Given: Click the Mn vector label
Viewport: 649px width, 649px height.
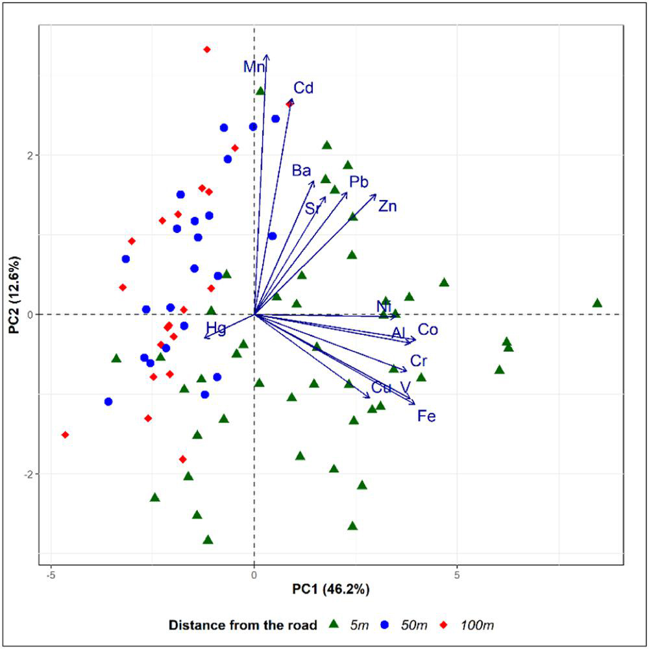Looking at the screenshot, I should click(254, 67).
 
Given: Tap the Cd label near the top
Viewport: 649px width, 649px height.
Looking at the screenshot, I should click(303, 88).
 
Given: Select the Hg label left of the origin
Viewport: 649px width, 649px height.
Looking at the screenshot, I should click(216, 328).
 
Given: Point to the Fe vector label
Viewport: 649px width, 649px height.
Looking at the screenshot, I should click(426, 416).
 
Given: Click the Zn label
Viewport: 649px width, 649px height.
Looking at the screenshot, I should click(387, 207).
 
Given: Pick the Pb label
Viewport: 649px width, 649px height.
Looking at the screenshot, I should click(359, 182).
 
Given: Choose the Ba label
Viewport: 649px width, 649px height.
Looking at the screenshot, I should click(301, 171).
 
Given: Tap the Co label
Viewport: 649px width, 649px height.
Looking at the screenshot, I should click(428, 330).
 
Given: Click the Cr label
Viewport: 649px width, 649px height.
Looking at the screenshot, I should click(419, 361).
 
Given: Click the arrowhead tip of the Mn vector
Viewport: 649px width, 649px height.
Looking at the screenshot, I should click(266, 56).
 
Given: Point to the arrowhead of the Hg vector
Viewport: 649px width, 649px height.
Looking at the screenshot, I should click(204, 337).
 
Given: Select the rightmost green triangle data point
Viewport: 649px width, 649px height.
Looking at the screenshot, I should click(597, 303).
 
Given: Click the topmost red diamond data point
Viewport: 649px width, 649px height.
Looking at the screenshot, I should click(207, 49).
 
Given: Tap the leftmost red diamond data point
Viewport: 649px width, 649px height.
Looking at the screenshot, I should click(65, 435).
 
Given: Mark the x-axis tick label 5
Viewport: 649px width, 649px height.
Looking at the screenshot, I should click(458, 575).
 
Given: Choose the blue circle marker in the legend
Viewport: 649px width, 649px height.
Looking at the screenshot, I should click(384, 625).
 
